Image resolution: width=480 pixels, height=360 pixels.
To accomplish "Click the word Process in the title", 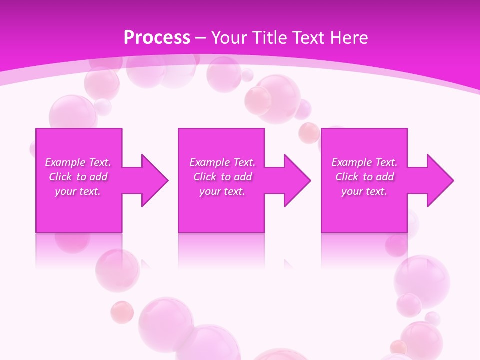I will tap(157, 38).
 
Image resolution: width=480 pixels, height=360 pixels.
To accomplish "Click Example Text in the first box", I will tap(78, 162).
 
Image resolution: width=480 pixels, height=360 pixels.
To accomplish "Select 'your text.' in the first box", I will tap(78, 191).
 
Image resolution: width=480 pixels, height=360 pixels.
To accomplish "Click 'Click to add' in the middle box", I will tap(222, 177).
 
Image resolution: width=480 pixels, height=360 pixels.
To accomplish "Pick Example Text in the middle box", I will tap(222, 162).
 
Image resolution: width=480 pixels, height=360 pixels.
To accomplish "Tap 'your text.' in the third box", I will tap(364, 191).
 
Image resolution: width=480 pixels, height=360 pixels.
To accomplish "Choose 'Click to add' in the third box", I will tap(364, 177).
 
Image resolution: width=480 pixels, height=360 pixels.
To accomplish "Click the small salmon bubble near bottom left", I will tap(122, 312).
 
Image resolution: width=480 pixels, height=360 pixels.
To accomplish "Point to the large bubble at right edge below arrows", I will tap(422, 277).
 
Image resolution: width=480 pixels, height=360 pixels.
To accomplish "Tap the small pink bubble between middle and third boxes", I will tap(308, 132).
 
